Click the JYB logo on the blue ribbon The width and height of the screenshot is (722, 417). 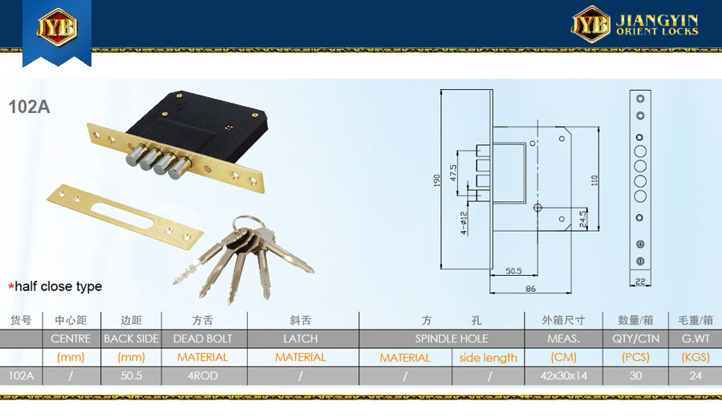[57, 27]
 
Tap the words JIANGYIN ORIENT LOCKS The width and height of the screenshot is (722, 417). [657, 25]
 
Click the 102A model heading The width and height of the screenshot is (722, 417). [29, 107]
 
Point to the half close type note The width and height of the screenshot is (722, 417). [55, 286]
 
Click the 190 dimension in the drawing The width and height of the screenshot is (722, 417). [436, 180]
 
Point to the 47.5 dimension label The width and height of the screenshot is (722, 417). [453, 173]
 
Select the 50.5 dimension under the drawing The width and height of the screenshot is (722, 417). [513, 270]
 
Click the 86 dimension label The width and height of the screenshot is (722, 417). [530, 289]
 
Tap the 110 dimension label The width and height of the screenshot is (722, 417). [594, 180]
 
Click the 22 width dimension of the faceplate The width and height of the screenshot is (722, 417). [640, 281]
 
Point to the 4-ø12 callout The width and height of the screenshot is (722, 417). [464, 223]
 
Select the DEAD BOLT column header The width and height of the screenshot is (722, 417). [203, 338]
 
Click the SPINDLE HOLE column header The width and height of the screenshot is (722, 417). [451, 338]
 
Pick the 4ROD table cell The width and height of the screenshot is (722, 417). [203, 375]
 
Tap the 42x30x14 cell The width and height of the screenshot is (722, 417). [564, 375]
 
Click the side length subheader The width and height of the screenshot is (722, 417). [488, 358]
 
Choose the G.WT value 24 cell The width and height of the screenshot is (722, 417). [696, 375]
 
